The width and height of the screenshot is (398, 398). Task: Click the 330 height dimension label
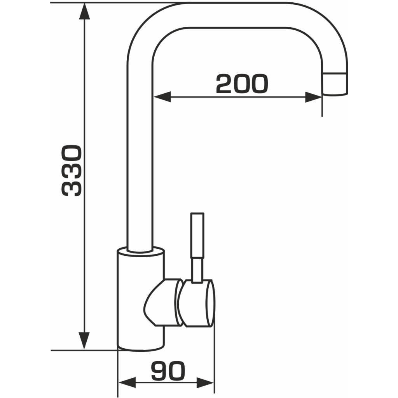pos(72,171)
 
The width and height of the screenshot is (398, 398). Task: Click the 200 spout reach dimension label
pos(242,84)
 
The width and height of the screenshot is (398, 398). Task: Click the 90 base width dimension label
pos(168,371)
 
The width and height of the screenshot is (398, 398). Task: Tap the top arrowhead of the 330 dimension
pos(84,11)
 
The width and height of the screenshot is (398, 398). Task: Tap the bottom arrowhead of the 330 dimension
pos(84,340)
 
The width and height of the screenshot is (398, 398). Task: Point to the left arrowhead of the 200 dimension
pos(162,97)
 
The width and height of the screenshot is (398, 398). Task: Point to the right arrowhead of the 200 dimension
pos(314,97)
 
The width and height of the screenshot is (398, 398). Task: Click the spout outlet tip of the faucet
pos(335,84)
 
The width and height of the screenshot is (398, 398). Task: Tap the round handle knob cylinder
pos(196,303)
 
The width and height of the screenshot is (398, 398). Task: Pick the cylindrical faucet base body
pos(141,300)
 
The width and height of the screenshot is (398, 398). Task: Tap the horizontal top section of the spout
pos(237,15)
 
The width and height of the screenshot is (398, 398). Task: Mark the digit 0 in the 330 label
pos(72,154)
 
